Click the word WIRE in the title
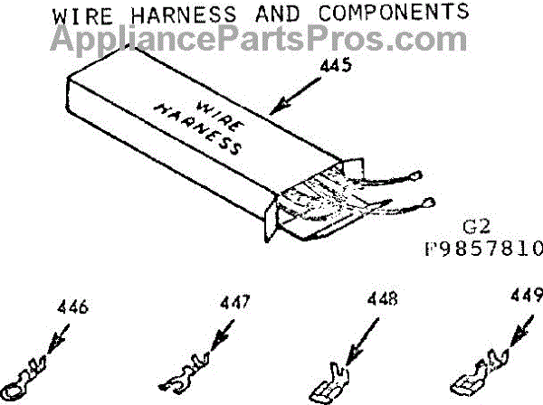(82, 16)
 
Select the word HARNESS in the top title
(184, 14)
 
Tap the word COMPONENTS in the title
(394, 12)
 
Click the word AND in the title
(278, 14)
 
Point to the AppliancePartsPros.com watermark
(259, 41)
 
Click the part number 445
(336, 65)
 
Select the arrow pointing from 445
(295, 96)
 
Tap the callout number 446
(72, 306)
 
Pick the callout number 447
(234, 302)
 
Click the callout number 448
(382, 298)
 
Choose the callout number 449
(527, 295)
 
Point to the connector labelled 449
(480, 373)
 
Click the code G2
(477, 227)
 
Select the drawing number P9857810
(484, 249)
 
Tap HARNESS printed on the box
(198, 129)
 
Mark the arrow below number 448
(362, 343)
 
